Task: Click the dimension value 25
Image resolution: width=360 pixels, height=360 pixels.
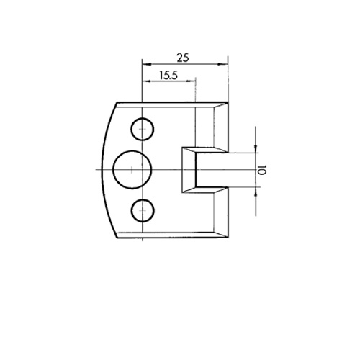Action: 183,58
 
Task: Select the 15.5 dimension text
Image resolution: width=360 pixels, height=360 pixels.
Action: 168,76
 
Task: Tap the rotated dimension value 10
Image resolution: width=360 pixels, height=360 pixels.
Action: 261,170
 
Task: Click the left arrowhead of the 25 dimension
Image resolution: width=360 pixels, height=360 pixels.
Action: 146,64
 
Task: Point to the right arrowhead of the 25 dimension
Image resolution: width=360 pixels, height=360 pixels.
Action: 222,64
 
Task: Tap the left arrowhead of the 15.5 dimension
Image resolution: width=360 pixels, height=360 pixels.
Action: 146,81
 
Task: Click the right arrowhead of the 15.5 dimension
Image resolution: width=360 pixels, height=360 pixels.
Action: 192,81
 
